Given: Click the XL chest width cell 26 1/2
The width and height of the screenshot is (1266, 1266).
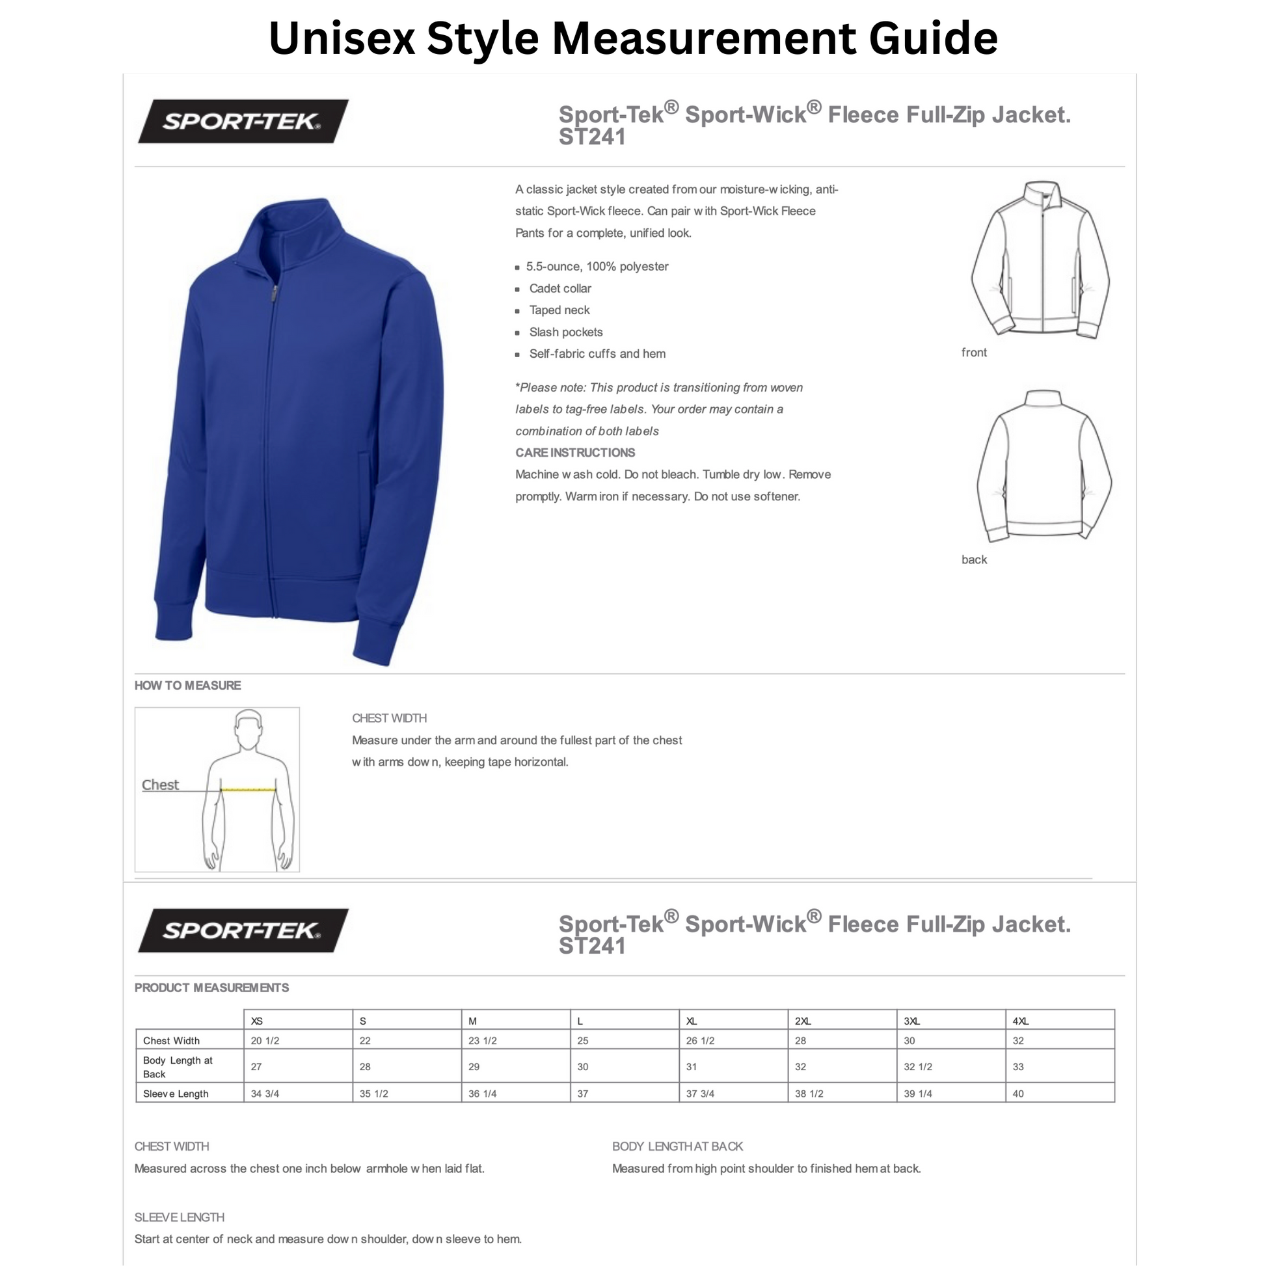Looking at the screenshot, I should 700,1041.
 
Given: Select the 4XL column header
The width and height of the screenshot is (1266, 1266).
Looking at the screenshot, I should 1020,1021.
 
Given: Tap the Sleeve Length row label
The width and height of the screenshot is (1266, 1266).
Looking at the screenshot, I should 176,1094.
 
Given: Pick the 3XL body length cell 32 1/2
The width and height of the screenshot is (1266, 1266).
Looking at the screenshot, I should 917,1067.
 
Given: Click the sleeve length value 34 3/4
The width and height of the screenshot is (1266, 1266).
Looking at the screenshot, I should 265,1094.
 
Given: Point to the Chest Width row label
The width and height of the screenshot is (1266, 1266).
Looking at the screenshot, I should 171,1041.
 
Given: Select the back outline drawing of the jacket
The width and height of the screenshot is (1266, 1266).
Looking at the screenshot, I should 1044,465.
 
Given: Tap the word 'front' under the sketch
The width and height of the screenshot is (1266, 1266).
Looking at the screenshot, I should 974,353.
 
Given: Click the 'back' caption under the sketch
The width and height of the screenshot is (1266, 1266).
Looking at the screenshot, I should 974,559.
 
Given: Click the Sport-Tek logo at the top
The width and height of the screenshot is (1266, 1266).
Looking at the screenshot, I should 243,121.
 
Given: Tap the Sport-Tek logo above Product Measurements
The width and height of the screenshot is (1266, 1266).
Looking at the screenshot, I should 243,930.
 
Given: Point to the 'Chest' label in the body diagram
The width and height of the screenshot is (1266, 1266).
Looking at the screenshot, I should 160,785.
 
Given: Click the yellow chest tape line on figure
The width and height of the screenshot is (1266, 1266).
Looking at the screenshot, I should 248,790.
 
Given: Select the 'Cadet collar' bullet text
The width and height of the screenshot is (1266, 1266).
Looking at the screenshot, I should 559,288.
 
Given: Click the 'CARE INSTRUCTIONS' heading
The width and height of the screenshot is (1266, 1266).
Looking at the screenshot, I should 574,453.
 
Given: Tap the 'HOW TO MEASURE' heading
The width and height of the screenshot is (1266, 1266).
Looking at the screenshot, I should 187,686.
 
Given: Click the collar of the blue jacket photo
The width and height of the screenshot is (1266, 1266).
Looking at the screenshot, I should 295,222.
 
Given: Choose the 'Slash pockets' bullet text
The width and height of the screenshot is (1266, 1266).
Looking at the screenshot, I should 565,332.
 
